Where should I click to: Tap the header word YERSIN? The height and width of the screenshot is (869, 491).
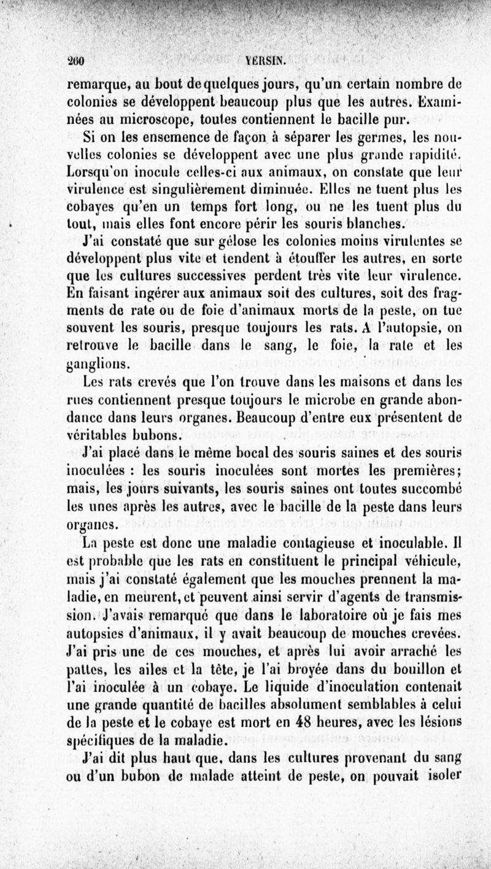265,61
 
